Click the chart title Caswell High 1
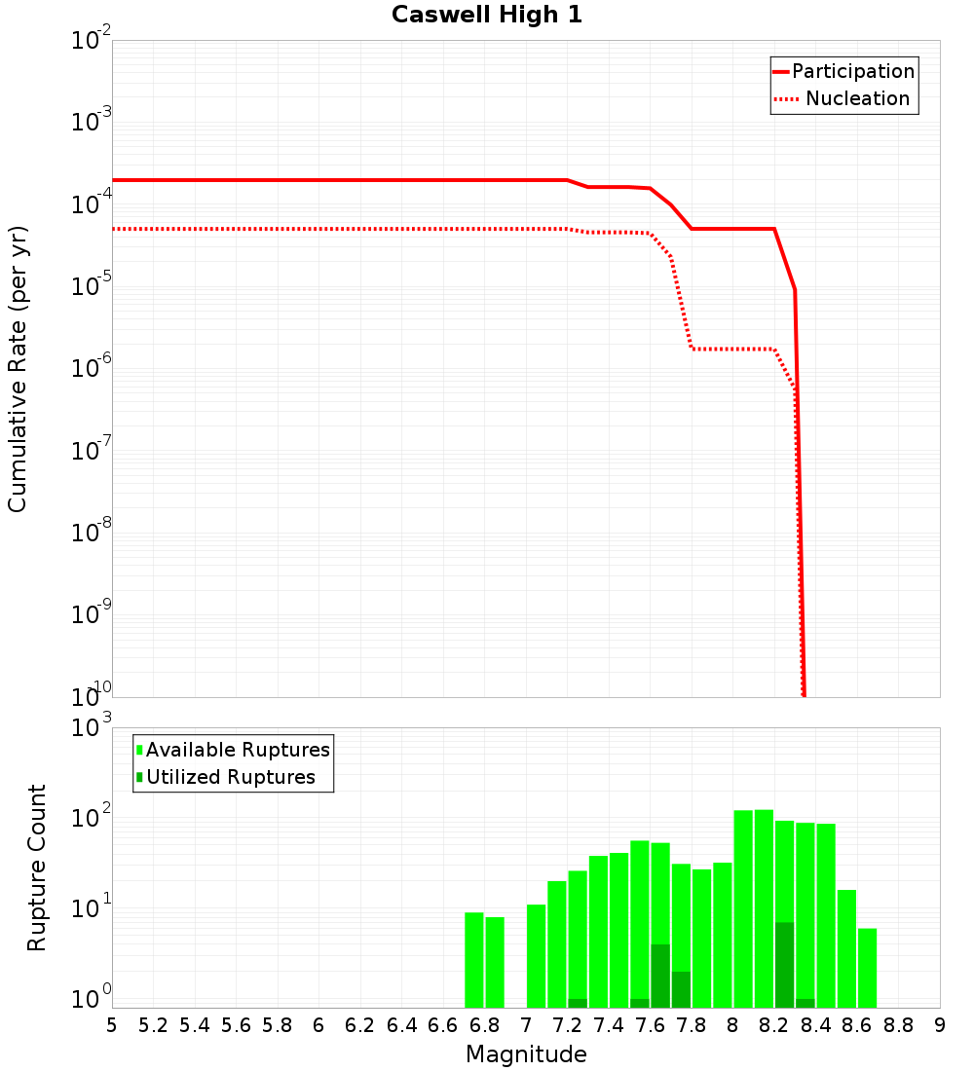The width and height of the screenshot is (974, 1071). [x=487, y=16]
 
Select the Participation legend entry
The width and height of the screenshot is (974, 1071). [x=853, y=72]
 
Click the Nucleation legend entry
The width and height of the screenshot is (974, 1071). [x=857, y=99]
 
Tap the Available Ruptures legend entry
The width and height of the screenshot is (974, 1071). [x=238, y=750]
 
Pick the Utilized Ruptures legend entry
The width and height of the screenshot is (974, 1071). [x=230, y=777]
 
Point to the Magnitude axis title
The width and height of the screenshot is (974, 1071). [x=526, y=1054]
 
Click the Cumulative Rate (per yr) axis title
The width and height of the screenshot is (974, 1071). [x=18, y=369]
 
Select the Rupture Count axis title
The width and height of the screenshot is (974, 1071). [x=37, y=868]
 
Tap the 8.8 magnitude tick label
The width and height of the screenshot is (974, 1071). [x=899, y=1025]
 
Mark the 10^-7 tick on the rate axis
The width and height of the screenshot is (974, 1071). [x=93, y=451]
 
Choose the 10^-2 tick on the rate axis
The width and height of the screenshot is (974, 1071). [x=93, y=41]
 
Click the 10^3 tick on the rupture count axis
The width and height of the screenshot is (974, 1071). [x=93, y=727]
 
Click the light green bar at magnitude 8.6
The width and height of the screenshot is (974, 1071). [x=846, y=948]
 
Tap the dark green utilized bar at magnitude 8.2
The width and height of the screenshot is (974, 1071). [x=785, y=964]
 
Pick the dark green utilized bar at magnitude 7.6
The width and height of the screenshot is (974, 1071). [x=660, y=976]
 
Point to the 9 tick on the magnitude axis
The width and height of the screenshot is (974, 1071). [x=940, y=1025]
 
